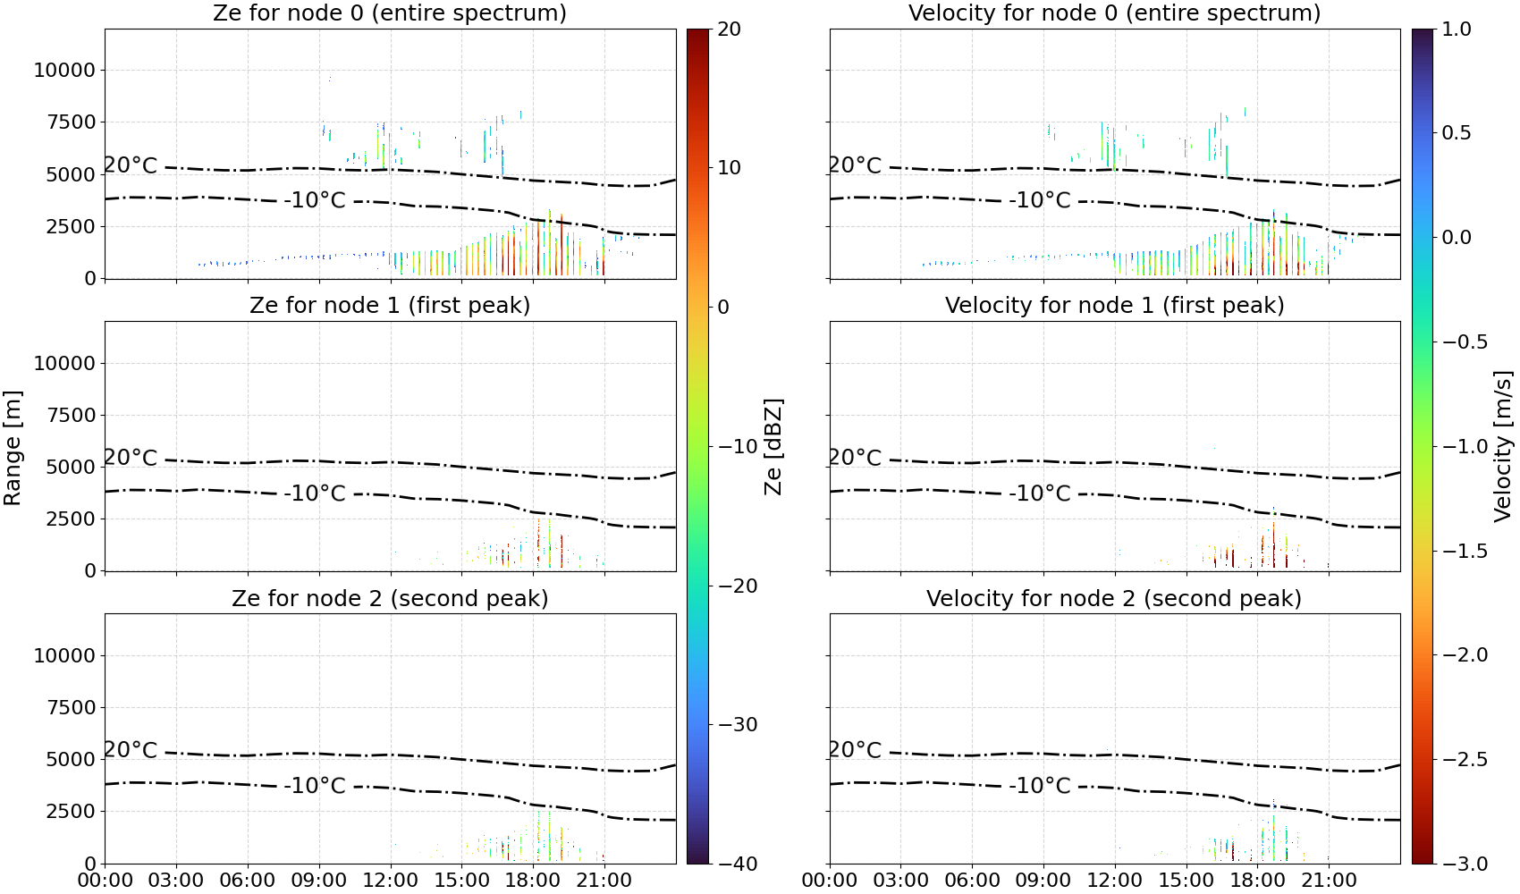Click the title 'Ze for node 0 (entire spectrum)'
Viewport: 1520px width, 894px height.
point(390,13)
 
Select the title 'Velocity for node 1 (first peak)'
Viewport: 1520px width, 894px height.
point(1114,305)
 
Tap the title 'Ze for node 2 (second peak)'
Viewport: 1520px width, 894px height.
point(390,598)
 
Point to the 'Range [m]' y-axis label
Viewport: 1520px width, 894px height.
point(13,448)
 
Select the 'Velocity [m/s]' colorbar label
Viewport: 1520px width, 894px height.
point(1504,446)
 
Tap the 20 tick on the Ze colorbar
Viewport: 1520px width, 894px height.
point(729,30)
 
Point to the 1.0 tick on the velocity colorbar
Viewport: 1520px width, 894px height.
point(1457,30)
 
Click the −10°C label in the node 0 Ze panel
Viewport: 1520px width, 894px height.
point(315,200)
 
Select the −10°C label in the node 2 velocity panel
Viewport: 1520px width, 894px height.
point(1040,786)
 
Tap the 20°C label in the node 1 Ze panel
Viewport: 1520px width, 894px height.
point(131,457)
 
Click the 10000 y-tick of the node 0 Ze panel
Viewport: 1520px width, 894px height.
point(64,70)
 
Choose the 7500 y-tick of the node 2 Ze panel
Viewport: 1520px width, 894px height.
point(71,707)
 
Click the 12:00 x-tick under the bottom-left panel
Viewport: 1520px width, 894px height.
point(390,881)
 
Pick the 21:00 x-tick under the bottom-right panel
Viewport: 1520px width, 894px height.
point(1329,881)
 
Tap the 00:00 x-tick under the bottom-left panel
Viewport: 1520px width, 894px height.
point(106,881)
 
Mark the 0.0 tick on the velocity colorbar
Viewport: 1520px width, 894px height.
point(1457,238)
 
